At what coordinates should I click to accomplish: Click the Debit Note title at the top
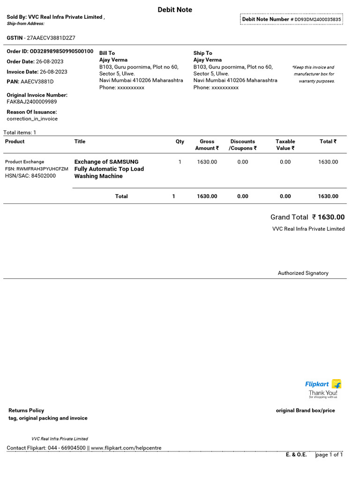(175, 9)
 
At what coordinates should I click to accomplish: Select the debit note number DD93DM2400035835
(318, 19)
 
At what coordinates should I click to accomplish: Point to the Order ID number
(61, 51)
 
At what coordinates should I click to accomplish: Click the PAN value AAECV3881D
(37, 82)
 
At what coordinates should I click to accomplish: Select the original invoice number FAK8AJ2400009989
(32, 102)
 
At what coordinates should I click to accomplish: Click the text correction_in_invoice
(32, 119)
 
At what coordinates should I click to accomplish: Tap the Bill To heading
(107, 53)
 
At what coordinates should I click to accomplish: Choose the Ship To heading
(202, 53)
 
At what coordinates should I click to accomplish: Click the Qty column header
(180, 142)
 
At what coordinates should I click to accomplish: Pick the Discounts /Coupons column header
(242, 145)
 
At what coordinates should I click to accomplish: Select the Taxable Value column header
(285, 145)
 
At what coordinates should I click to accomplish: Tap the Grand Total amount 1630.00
(331, 217)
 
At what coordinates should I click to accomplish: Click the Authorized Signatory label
(303, 273)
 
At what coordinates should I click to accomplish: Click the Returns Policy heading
(26, 410)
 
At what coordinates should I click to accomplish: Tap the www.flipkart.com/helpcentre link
(126, 448)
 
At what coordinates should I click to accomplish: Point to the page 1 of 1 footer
(330, 455)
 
